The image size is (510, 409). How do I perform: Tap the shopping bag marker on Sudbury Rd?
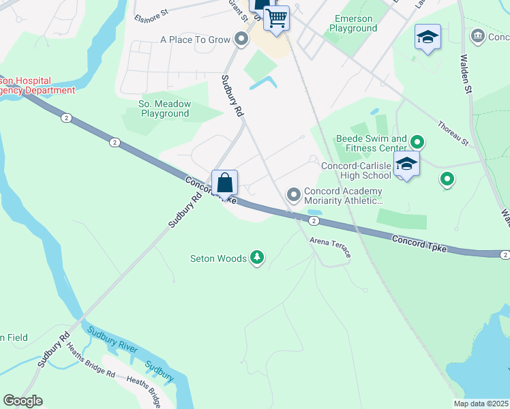(x=225, y=183)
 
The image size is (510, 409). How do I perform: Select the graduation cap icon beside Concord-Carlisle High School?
(x=406, y=164)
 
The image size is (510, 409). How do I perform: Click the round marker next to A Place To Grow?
(x=241, y=40)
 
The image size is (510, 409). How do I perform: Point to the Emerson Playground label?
(x=352, y=24)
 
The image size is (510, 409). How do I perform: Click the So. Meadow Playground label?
(x=164, y=108)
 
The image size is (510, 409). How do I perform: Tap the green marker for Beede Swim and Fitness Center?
(x=416, y=142)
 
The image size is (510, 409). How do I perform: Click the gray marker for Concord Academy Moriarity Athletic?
(x=294, y=196)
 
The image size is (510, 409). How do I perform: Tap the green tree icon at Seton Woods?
(x=257, y=258)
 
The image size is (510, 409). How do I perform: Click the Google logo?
(x=22, y=401)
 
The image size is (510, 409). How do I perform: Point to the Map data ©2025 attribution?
(x=481, y=404)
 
